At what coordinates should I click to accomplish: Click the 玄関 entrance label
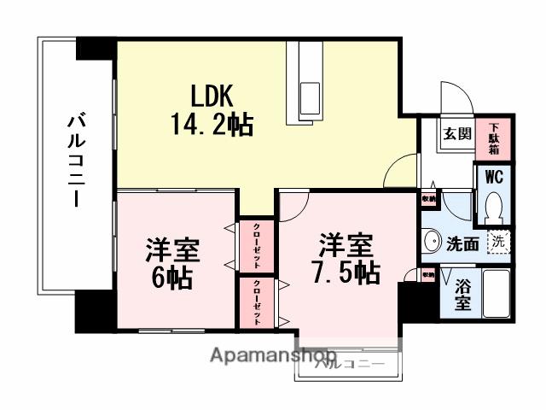[x=456, y=134]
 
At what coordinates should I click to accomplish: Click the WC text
[x=493, y=179]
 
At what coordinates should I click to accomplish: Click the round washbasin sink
[x=432, y=240]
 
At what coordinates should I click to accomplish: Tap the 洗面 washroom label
[x=462, y=243]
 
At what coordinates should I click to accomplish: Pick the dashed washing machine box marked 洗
[x=497, y=241]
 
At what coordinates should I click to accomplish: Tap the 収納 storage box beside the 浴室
[x=427, y=275]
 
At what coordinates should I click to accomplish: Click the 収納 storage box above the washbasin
[x=427, y=199]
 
